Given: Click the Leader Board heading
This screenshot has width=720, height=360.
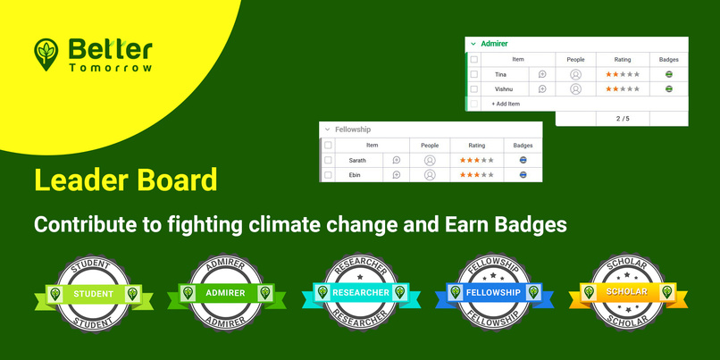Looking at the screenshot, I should [x=125, y=180].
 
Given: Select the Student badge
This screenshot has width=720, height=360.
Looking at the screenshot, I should [x=94, y=292].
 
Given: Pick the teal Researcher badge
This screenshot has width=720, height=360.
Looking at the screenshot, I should [x=360, y=292].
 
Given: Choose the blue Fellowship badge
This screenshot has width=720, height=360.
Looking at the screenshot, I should [x=493, y=292].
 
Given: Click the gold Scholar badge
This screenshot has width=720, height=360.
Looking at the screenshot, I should [x=625, y=292].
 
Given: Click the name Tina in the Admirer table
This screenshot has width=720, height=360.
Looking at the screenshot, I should [x=500, y=74].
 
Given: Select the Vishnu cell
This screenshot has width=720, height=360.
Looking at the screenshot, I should [x=503, y=89].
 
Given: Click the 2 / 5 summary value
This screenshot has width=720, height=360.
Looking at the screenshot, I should [x=622, y=118].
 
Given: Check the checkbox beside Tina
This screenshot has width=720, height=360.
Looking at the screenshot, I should [x=474, y=74].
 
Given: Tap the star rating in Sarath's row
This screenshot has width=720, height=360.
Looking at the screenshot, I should [x=476, y=160].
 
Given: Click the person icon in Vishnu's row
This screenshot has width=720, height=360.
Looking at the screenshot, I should [x=575, y=89].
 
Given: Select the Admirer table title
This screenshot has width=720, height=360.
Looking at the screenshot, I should [x=494, y=43].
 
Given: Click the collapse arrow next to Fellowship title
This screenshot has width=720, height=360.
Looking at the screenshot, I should [x=328, y=130].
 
